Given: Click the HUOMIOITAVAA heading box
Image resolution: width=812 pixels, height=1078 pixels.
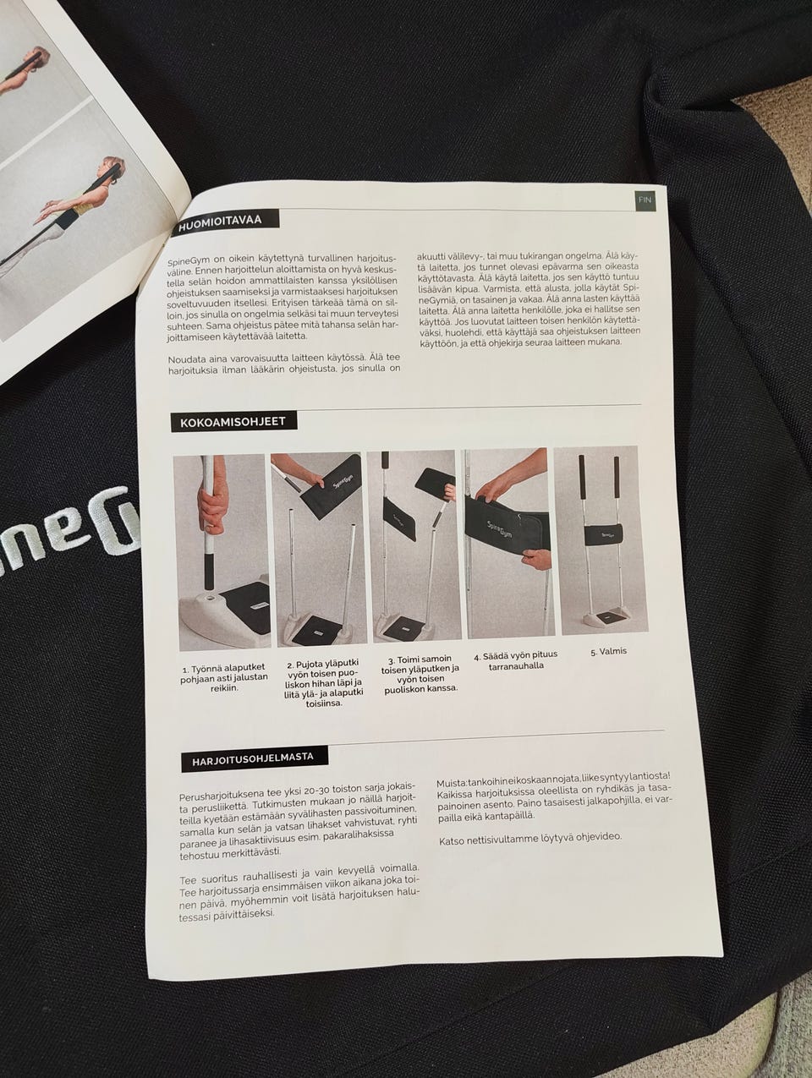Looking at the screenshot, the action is click(226, 222).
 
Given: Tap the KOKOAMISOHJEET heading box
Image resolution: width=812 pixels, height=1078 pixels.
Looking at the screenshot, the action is click(233, 422).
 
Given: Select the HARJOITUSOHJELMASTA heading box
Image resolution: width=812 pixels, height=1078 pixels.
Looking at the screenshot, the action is click(254, 758).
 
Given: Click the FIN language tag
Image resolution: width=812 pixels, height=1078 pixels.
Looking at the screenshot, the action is click(645, 200).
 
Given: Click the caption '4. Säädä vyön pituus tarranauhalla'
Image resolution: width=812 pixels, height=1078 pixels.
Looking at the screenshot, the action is click(516, 660).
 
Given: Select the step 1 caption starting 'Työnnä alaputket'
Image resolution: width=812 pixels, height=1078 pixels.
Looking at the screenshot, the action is click(224, 678).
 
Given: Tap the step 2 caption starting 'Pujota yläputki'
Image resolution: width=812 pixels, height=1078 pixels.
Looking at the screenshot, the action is click(323, 682).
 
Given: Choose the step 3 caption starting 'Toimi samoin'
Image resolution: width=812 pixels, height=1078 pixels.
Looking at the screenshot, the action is click(420, 674).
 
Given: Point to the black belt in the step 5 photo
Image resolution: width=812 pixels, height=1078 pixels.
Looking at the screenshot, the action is click(603, 534).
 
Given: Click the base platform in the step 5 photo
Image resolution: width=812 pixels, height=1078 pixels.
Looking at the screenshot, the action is click(606, 617).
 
